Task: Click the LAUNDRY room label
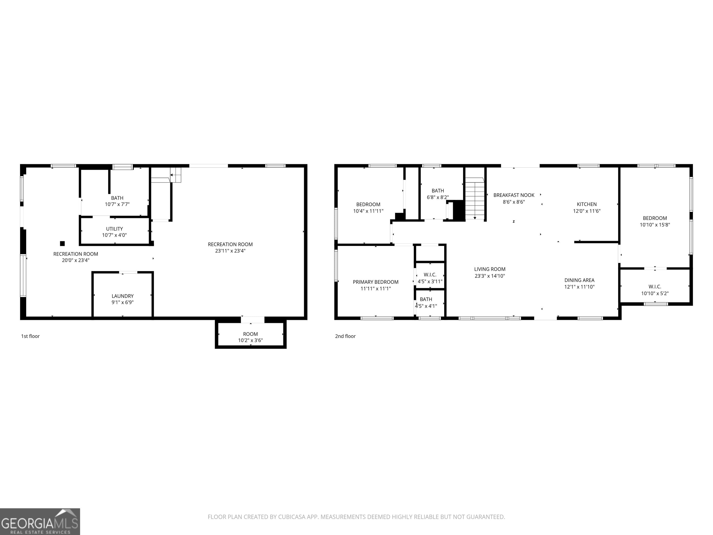coord(123,296)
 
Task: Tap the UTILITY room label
coord(114,229)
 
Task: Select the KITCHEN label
coord(587,204)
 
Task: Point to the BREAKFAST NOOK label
coord(514,195)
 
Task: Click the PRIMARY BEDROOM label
coord(376,282)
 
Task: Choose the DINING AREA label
coord(579,280)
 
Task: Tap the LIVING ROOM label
coord(490,269)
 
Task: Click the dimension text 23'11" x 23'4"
coord(230,251)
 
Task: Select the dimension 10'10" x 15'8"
coord(655,225)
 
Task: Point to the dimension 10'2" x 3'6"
coord(250,340)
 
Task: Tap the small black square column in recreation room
coord(62,244)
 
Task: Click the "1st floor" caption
coord(30,336)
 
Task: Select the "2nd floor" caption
coord(345,336)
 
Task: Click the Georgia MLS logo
coord(40,522)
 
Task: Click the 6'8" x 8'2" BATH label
coord(438,194)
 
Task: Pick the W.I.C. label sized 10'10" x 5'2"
coord(655,290)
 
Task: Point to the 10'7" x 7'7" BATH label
coord(117,201)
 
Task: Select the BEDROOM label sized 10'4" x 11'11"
coord(368,208)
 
